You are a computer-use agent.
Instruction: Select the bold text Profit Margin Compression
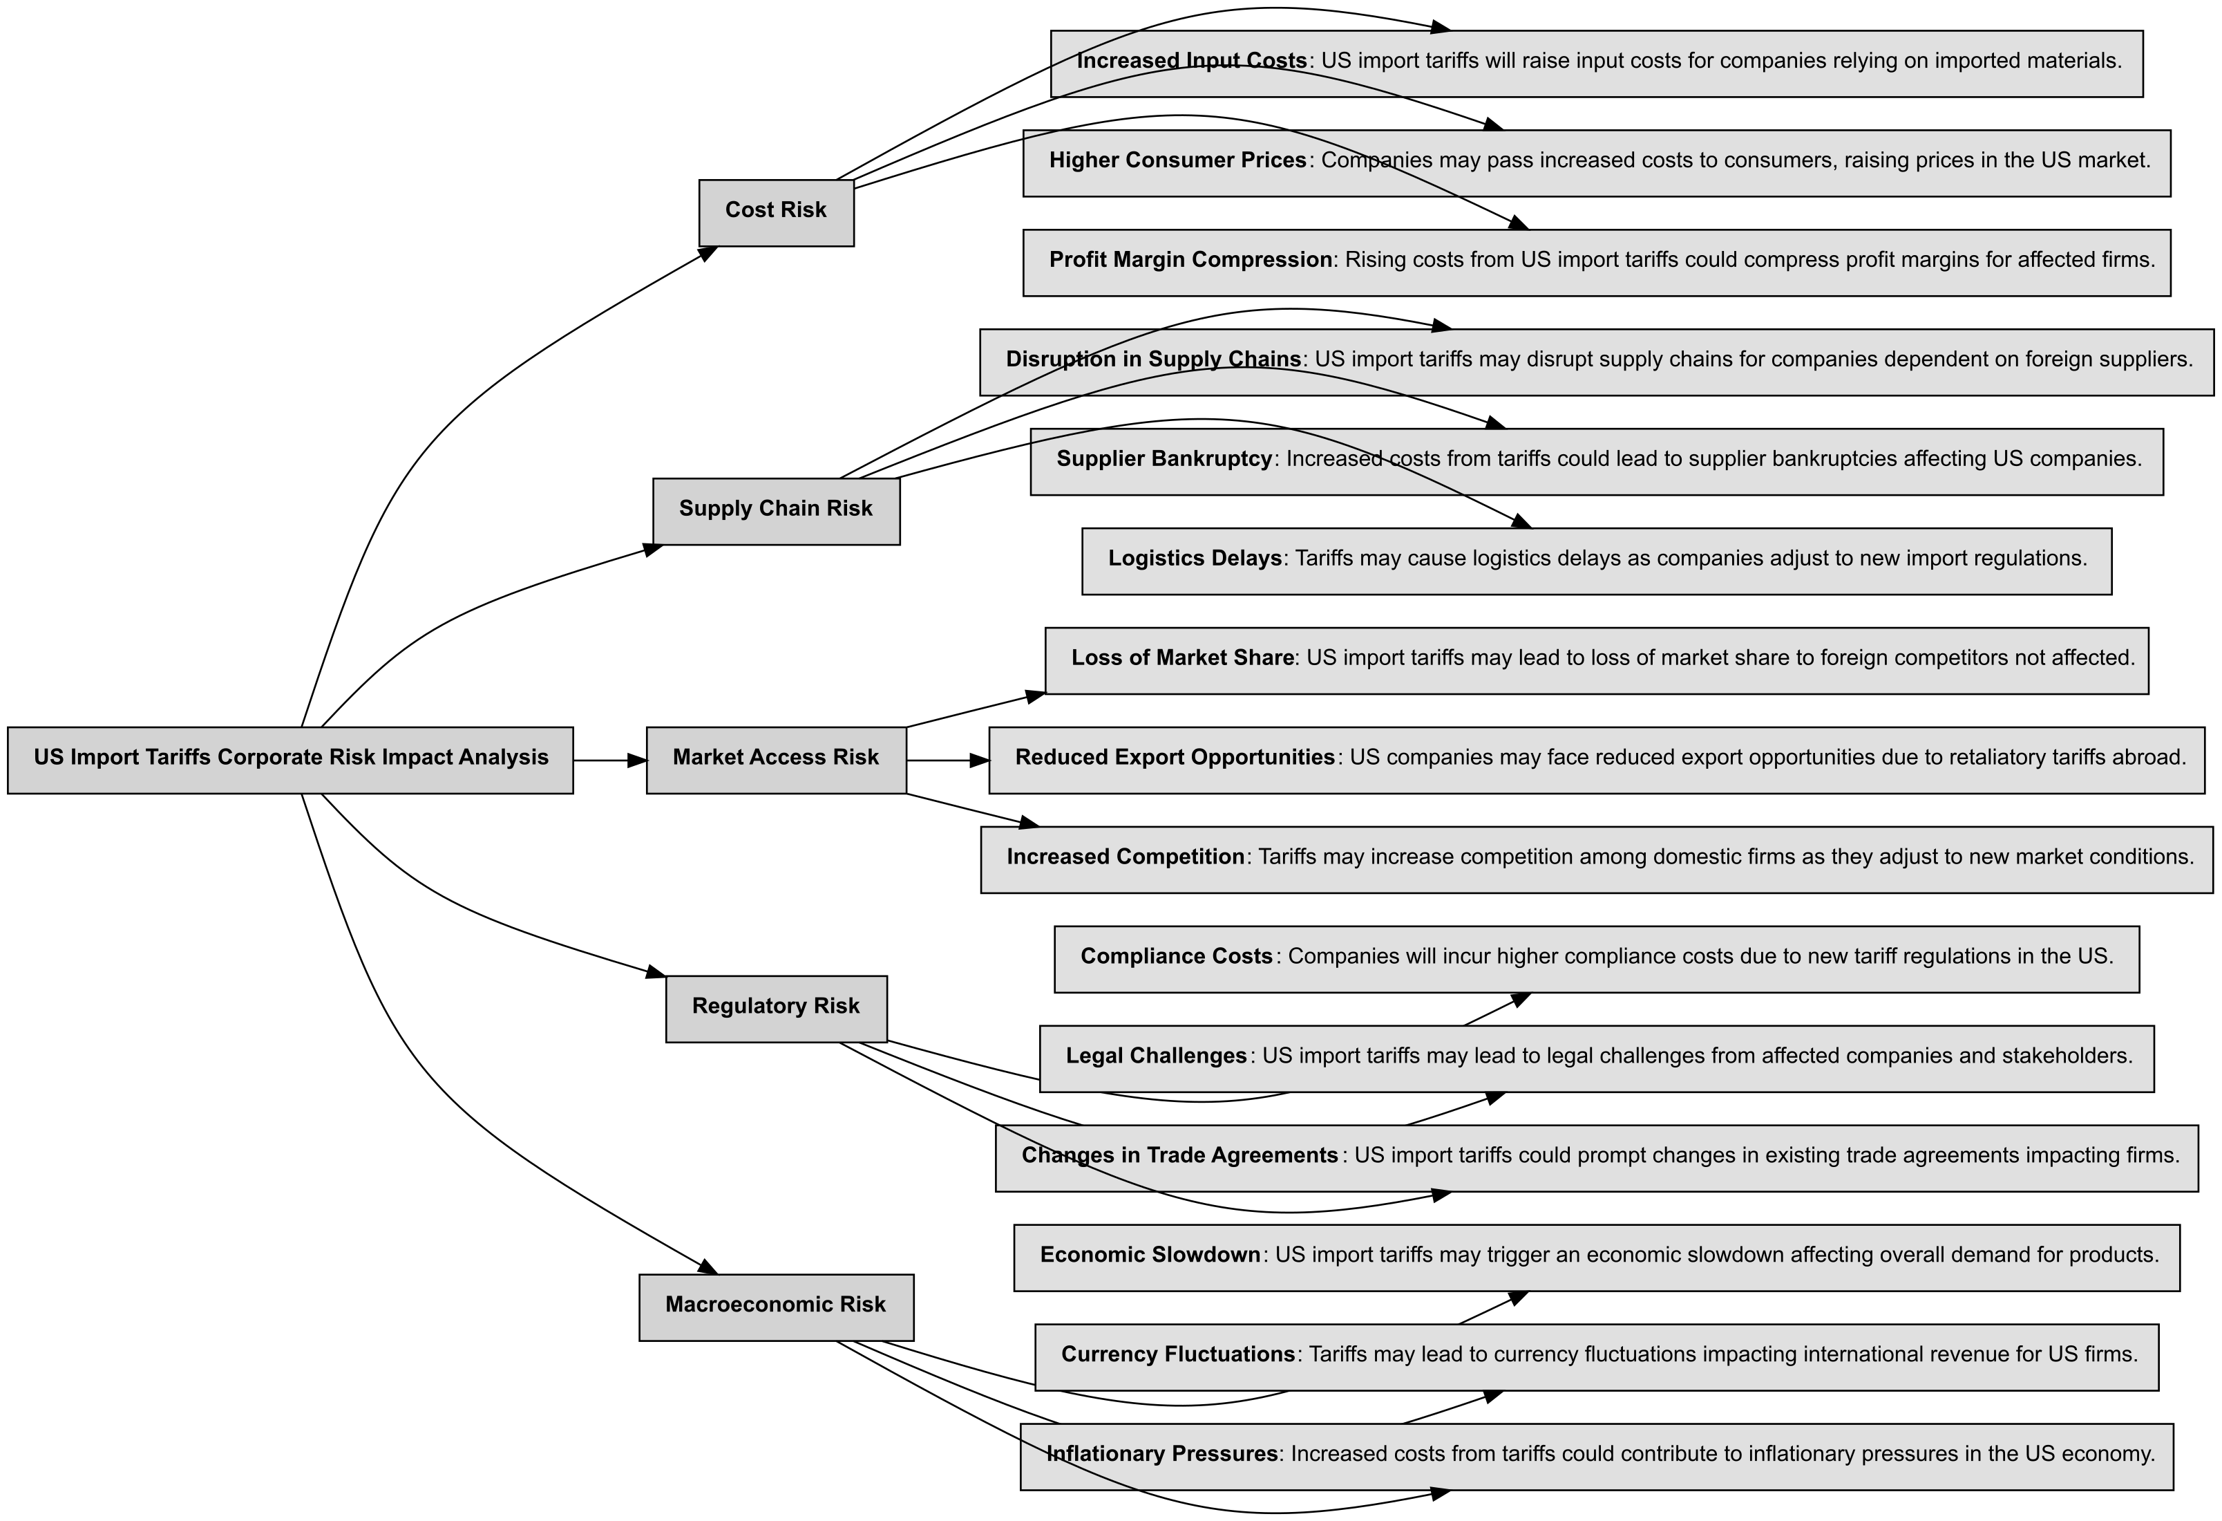(1190, 260)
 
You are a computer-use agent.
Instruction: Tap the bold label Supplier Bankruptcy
(1164, 459)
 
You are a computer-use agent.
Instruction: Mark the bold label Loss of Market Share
(1183, 658)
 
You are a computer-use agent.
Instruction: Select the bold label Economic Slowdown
(1150, 1255)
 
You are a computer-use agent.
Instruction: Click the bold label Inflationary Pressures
(1161, 1454)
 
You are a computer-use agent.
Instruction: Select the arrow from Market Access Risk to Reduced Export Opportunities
(947, 760)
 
